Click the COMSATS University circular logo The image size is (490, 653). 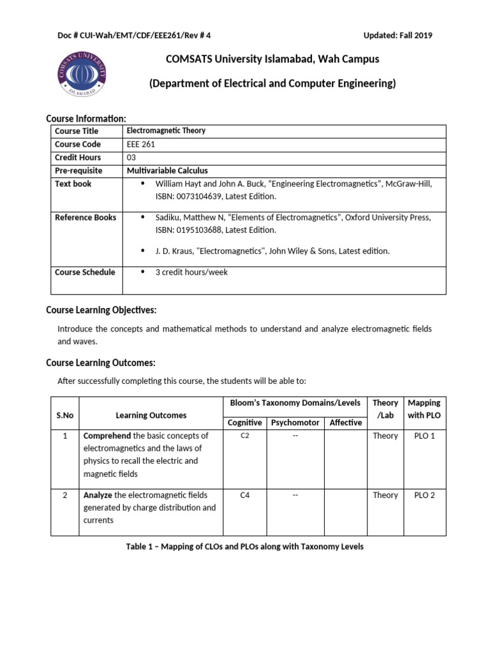(82, 71)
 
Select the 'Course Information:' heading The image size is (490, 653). (86, 119)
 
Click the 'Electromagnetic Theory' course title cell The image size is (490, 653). (166, 131)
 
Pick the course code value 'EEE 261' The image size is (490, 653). (141, 144)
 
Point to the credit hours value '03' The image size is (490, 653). (132, 158)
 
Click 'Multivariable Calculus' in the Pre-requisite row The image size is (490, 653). (167, 170)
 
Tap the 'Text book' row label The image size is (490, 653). (73, 184)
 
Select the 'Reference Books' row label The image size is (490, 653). (85, 217)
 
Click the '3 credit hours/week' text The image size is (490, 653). (191, 272)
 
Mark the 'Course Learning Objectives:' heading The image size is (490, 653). (101, 310)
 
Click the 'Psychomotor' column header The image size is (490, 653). (295, 422)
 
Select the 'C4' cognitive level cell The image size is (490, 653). (244, 495)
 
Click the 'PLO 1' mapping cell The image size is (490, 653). (424, 436)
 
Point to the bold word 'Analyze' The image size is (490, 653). (99, 495)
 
